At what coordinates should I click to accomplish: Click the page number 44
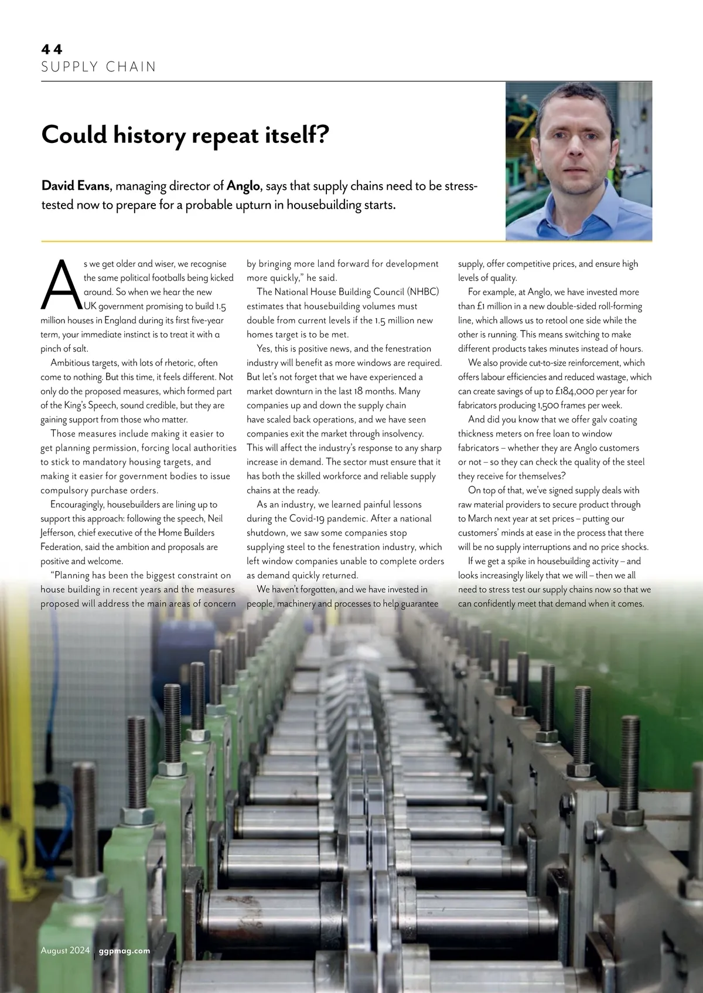(52, 49)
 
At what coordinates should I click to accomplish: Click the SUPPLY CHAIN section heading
(98, 67)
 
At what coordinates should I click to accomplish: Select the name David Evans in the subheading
(76, 186)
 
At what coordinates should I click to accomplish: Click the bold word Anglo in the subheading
(243, 186)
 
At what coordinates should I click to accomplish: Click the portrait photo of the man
(578, 161)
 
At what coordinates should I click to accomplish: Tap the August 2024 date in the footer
(65, 950)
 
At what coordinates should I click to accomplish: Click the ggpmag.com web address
(125, 951)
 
